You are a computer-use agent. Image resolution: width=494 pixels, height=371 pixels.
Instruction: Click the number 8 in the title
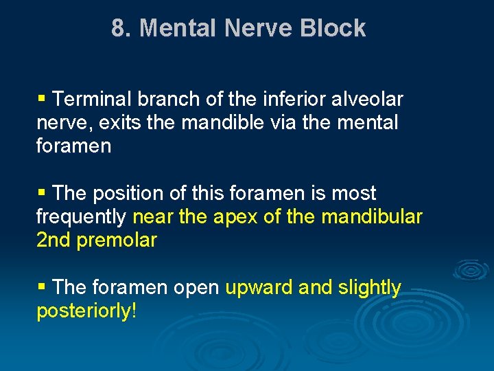(119, 28)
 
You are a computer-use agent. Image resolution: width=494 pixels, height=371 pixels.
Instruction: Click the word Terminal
(93, 100)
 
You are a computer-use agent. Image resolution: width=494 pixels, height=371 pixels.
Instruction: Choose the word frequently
(81, 217)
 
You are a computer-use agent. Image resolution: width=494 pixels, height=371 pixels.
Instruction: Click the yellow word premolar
(117, 241)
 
